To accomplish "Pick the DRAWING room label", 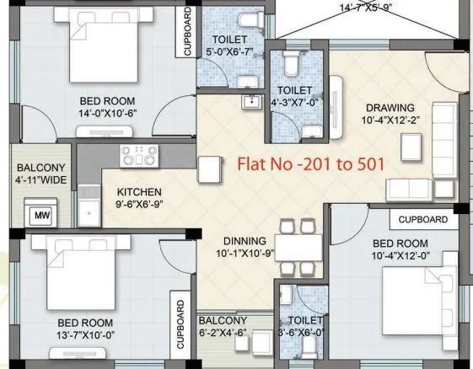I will tap(390, 108).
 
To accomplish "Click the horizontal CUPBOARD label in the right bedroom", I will tap(422, 219).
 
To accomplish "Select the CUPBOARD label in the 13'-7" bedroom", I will tap(180, 325).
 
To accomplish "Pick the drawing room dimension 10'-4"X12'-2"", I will tap(390, 121).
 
